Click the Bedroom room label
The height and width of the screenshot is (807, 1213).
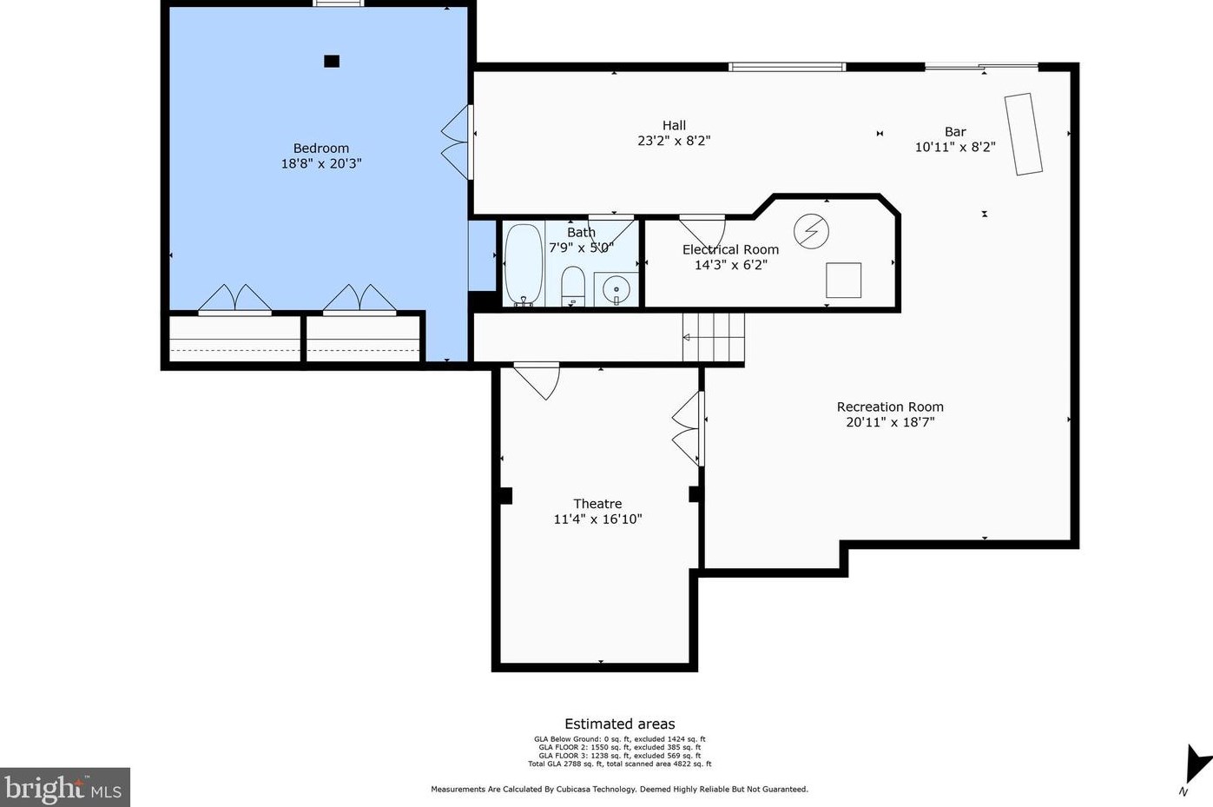pos(321,149)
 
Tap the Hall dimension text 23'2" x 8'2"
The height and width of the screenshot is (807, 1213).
pos(674,141)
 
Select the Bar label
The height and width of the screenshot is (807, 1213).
pos(955,132)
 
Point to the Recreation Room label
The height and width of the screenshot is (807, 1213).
pos(890,407)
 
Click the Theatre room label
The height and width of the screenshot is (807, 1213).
pos(598,504)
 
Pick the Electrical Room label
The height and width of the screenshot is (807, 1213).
pos(730,249)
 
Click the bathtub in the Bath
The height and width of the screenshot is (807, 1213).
pos(524,265)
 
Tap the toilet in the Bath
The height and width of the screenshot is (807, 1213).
pos(573,286)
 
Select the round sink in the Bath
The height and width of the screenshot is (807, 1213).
pos(616,290)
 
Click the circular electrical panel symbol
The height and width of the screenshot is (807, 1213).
pos(811,231)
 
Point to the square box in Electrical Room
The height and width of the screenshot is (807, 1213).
pos(843,280)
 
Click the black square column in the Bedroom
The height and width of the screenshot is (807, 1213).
pos(332,61)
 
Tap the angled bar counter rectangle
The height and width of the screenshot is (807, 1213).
pos(1024,135)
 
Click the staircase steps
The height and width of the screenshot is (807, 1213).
pos(713,337)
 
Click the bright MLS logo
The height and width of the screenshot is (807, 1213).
pos(64,787)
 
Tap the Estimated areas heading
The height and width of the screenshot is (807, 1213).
pos(619,724)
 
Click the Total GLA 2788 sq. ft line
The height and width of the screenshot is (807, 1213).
pos(619,764)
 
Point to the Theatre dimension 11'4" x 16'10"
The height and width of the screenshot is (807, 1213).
pos(598,519)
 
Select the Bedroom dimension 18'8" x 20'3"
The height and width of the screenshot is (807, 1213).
pos(321,163)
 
